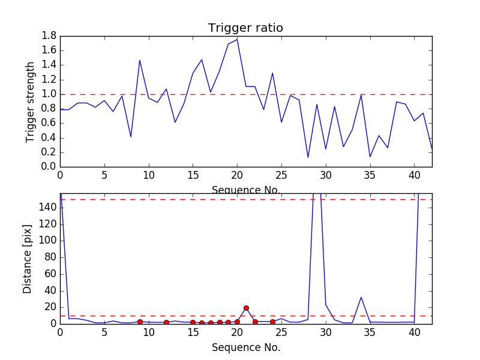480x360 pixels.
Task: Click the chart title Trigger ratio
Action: click(x=245, y=28)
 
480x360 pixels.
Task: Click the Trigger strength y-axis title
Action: click(x=31, y=101)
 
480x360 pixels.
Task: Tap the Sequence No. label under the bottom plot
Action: click(x=245, y=347)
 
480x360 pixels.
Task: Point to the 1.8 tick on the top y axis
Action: click(x=49, y=36)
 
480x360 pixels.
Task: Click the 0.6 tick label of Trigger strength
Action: click(x=49, y=123)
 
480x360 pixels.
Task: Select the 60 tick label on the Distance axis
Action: click(x=50, y=274)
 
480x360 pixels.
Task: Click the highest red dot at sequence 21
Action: click(x=246, y=308)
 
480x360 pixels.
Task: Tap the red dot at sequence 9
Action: click(x=140, y=322)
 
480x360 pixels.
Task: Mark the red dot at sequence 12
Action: click(x=166, y=322)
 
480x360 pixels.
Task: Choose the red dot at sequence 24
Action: click(x=272, y=322)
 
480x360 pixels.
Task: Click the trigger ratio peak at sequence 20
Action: click(x=237, y=39)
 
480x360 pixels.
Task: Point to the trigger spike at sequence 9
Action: click(x=140, y=60)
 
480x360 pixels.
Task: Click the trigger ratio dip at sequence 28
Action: click(x=308, y=157)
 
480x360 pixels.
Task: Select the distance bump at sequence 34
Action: click(x=361, y=297)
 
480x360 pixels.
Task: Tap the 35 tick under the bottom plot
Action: click(x=370, y=332)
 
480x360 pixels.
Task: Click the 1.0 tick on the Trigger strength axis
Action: click(x=49, y=94)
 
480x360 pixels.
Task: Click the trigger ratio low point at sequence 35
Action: click(x=370, y=157)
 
